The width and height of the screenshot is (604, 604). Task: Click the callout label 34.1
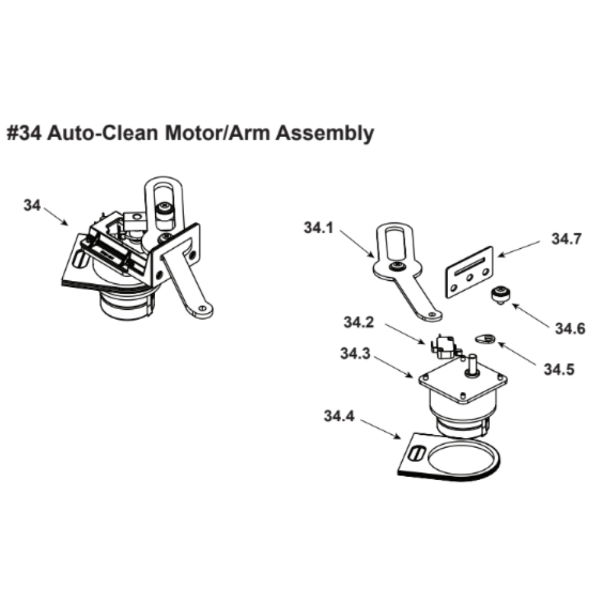(318, 228)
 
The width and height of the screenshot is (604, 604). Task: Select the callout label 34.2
(359, 322)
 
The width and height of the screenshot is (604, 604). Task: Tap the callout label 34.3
(355, 353)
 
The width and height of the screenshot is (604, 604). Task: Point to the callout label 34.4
(339, 416)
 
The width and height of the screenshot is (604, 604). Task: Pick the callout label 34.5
(559, 370)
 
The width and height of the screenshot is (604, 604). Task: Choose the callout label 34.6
(570, 329)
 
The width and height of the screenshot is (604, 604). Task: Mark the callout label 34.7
(567, 239)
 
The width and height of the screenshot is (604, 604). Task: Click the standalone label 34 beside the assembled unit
(32, 205)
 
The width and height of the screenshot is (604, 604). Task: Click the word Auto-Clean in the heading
(103, 133)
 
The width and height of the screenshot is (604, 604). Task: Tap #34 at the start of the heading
(24, 133)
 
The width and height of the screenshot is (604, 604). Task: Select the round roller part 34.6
(500, 295)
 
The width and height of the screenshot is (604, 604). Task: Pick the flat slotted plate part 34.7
(469, 272)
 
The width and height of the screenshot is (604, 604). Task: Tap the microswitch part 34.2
(446, 347)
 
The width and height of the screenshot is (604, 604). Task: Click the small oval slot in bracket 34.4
(416, 454)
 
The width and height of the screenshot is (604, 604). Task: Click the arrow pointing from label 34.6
(531, 316)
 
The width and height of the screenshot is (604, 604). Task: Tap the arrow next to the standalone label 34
(56, 216)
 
